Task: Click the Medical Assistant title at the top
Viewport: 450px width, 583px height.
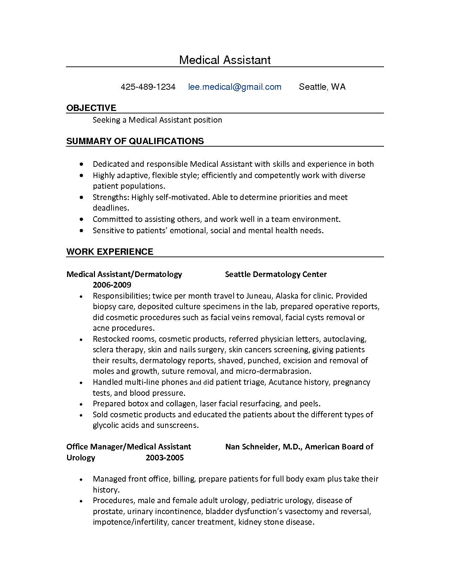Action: (225, 60)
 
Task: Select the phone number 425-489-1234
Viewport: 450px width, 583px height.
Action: (148, 87)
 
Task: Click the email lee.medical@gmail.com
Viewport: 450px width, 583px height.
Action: (235, 87)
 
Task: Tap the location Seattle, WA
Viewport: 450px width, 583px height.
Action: (322, 87)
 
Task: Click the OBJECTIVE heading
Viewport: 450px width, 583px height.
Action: (91, 108)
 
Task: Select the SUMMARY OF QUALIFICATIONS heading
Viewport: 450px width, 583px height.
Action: (135, 141)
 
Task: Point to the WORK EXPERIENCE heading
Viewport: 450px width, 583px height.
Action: (109, 252)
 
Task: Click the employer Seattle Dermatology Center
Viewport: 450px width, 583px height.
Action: (276, 274)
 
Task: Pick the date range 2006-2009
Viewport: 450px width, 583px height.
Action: (112, 285)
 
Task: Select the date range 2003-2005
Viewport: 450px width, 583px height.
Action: (164, 458)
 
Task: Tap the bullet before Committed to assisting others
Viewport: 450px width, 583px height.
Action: (82, 219)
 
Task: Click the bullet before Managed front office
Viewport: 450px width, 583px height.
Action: (82, 480)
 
